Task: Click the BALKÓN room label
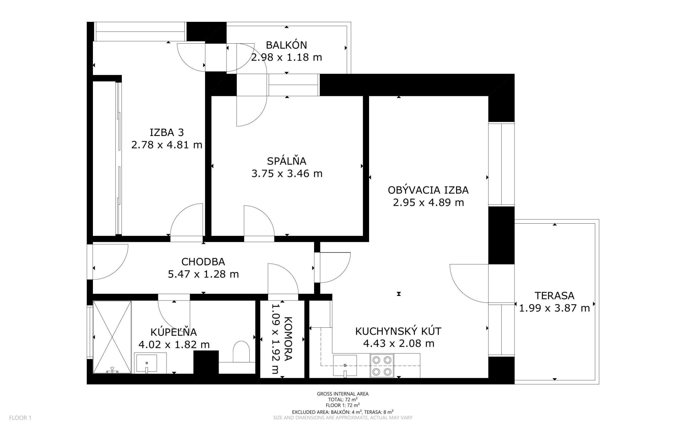(286, 45)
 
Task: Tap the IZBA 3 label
(166, 132)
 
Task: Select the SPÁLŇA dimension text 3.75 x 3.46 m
(287, 174)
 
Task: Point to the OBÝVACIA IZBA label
(428, 190)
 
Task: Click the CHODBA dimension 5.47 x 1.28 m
(203, 274)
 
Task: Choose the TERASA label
(555, 296)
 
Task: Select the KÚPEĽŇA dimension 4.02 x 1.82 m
(174, 345)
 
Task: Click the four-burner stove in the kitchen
(382, 365)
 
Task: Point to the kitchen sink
(345, 366)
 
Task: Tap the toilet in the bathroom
(241, 351)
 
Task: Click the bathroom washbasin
(146, 363)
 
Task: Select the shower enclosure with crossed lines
(112, 337)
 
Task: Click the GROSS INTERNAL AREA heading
(343, 394)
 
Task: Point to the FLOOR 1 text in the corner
(20, 418)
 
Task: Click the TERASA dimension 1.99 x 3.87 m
(555, 308)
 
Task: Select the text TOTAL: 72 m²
(343, 400)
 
